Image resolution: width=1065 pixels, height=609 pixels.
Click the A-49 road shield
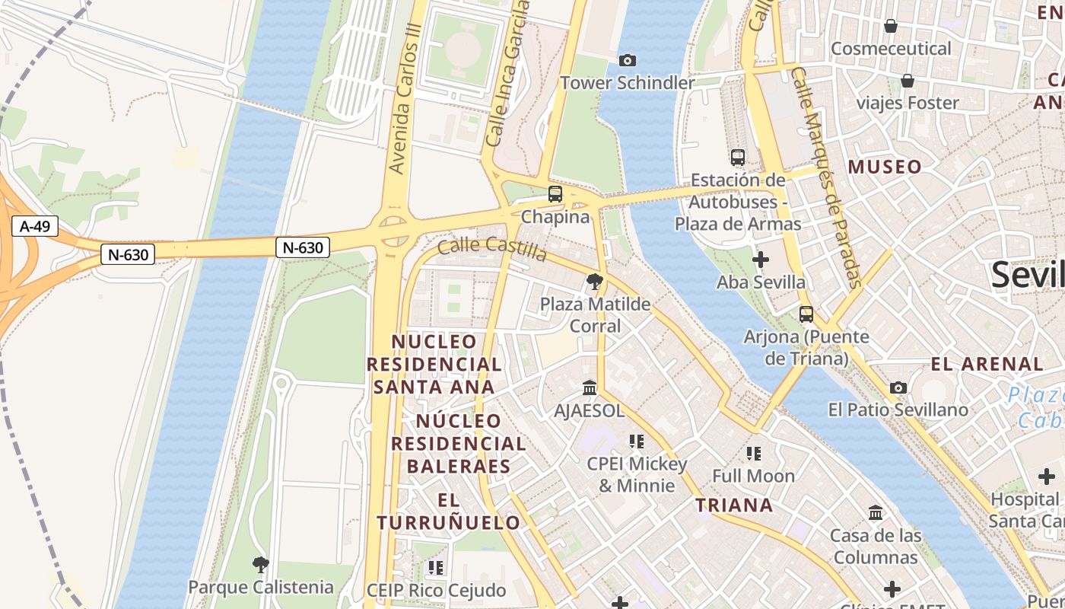tap(35, 226)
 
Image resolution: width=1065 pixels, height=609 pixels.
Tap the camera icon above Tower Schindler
tap(628, 60)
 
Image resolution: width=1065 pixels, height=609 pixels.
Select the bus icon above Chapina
tap(555, 194)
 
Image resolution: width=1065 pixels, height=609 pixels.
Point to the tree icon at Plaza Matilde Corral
tap(595, 282)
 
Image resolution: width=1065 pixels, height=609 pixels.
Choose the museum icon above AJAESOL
tap(590, 388)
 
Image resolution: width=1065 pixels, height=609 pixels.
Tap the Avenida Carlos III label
tap(404, 107)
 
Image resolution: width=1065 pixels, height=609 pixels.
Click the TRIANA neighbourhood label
tap(734, 505)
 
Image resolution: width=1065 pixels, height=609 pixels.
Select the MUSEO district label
tap(885, 167)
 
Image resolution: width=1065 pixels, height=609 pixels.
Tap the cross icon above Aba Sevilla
tap(760, 260)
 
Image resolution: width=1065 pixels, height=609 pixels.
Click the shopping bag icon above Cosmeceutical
tap(891, 26)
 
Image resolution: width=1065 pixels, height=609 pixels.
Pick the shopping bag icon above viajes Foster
tap(907, 80)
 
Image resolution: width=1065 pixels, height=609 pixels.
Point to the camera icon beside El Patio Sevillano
tap(898, 387)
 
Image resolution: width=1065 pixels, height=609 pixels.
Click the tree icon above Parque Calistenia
tap(260, 564)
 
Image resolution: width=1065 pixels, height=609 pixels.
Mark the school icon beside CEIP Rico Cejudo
tap(435, 567)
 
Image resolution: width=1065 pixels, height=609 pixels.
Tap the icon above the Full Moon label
tap(754, 454)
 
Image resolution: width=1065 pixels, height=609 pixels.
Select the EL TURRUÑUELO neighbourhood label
tap(449, 512)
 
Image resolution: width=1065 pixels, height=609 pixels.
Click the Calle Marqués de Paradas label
tap(825, 177)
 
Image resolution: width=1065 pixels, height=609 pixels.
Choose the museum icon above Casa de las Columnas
tap(876, 512)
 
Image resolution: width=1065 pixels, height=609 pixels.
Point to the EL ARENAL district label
tap(987, 364)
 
